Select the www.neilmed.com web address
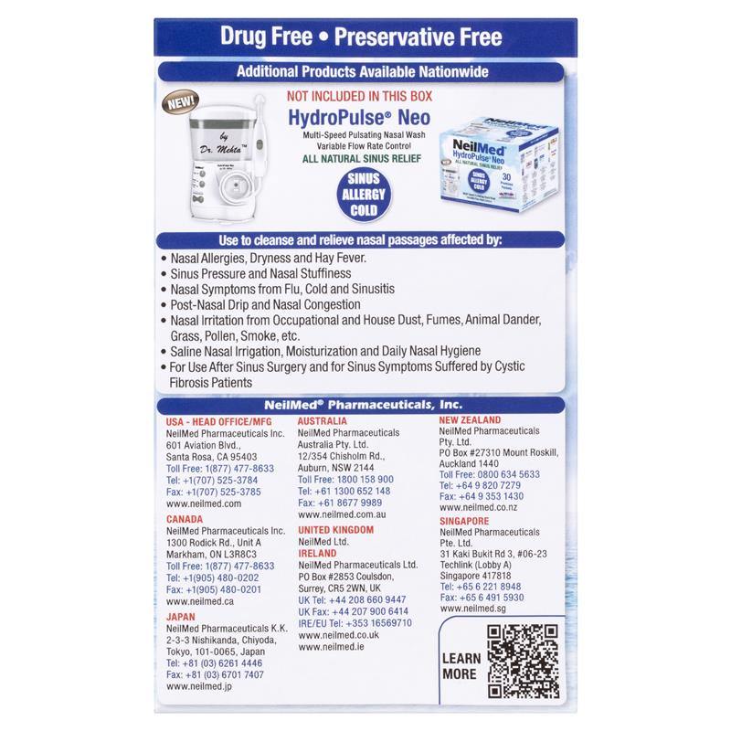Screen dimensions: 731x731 (203, 503)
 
